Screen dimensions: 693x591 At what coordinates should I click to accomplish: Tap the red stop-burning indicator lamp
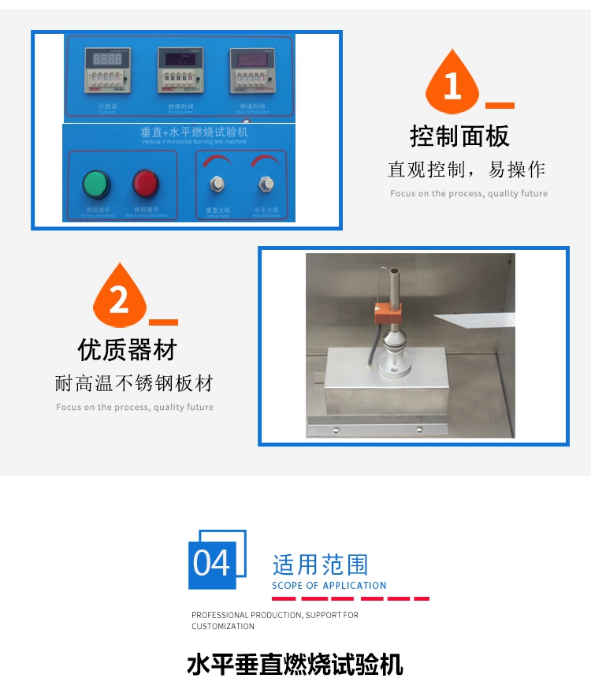click(146, 184)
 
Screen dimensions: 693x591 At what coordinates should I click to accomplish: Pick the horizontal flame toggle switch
click(266, 185)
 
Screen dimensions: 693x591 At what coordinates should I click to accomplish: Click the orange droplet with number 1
click(452, 84)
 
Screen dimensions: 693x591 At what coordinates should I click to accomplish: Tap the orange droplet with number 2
click(118, 298)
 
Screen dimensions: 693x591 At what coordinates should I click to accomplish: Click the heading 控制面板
click(460, 136)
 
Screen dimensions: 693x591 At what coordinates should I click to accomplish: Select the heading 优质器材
click(127, 350)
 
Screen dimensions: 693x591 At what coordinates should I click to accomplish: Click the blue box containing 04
click(212, 564)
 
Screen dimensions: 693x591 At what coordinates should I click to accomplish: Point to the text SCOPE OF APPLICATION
click(329, 586)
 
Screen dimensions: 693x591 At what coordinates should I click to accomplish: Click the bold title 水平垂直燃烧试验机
click(295, 665)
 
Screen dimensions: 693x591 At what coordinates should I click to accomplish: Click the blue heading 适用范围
click(320, 564)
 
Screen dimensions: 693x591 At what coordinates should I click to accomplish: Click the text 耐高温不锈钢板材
click(134, 384)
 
